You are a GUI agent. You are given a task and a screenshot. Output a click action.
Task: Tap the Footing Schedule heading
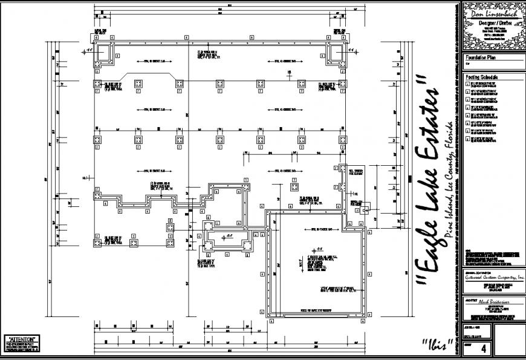482,78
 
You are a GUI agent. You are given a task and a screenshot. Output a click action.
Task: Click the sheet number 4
483,349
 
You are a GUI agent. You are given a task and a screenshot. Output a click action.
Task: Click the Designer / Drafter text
491,22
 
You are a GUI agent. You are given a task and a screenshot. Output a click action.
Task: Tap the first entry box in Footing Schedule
468,85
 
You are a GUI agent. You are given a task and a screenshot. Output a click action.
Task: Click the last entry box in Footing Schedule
468,139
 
